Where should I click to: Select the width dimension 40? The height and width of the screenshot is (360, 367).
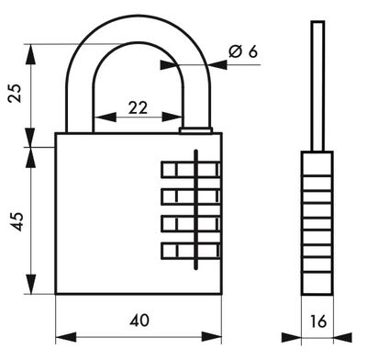coord(139,321)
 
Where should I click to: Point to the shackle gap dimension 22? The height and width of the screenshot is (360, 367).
coord(139,107)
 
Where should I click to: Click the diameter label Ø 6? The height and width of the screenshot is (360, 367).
coord(242,51)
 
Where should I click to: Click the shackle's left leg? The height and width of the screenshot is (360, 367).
coord(79,101)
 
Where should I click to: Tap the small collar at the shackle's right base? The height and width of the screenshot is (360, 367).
coord(195,130)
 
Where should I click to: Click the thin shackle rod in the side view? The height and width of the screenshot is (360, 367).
coord(317,83)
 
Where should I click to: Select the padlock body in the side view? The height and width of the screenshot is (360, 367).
coord(317,220)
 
